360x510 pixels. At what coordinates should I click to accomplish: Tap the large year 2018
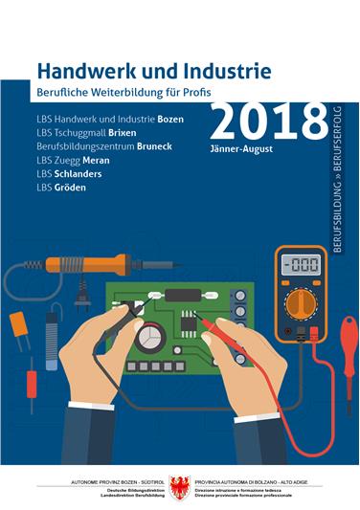point(269,122)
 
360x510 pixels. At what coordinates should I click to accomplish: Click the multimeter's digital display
point(301,263)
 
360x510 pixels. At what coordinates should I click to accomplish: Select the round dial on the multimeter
point(301,303)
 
